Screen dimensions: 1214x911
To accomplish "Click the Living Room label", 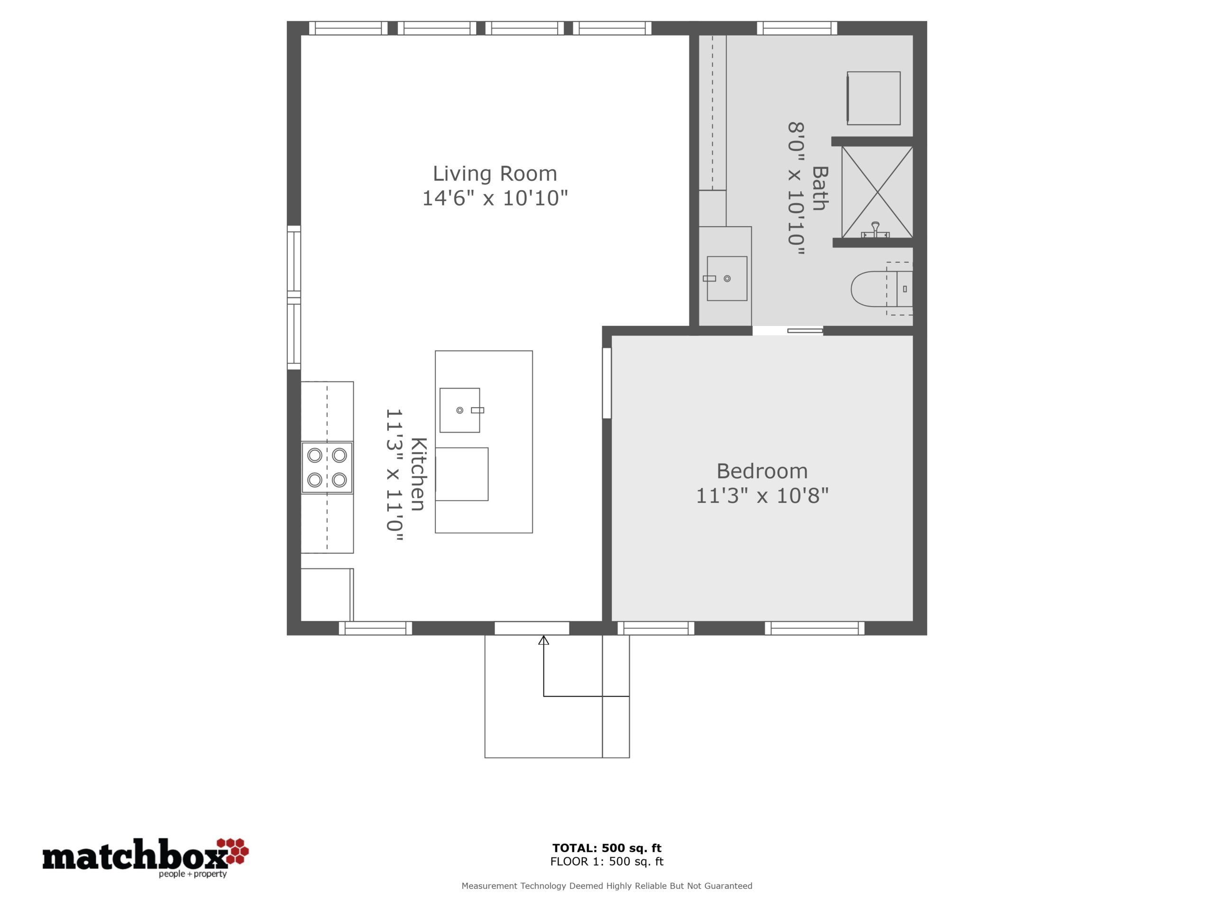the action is pos(495,174).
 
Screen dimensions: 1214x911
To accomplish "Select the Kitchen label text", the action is pos(418,474).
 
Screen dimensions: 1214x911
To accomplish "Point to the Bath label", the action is pos(819,188).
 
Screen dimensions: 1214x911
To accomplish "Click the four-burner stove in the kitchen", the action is pos(327,467).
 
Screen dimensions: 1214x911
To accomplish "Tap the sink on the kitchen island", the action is pos(460,410).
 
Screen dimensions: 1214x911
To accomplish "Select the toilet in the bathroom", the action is pos(882,289).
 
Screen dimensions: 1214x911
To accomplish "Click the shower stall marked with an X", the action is pos(877,192).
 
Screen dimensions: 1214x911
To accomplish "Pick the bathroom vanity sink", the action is pos(727,279).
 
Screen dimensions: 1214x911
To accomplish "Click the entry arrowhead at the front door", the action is pos(543,640).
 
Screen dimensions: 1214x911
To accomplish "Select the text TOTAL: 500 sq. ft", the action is pos(607,848).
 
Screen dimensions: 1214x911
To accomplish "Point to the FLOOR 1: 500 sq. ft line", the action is pos(607,862).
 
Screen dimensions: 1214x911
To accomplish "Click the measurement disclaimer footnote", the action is pos(607,886).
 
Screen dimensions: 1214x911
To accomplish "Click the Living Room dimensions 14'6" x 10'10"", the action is pos(495,198).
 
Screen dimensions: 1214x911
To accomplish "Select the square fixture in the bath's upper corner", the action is pos(873,98).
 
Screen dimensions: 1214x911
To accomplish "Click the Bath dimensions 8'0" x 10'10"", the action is pos(796,189).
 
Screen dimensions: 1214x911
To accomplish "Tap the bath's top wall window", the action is pos(797,28).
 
